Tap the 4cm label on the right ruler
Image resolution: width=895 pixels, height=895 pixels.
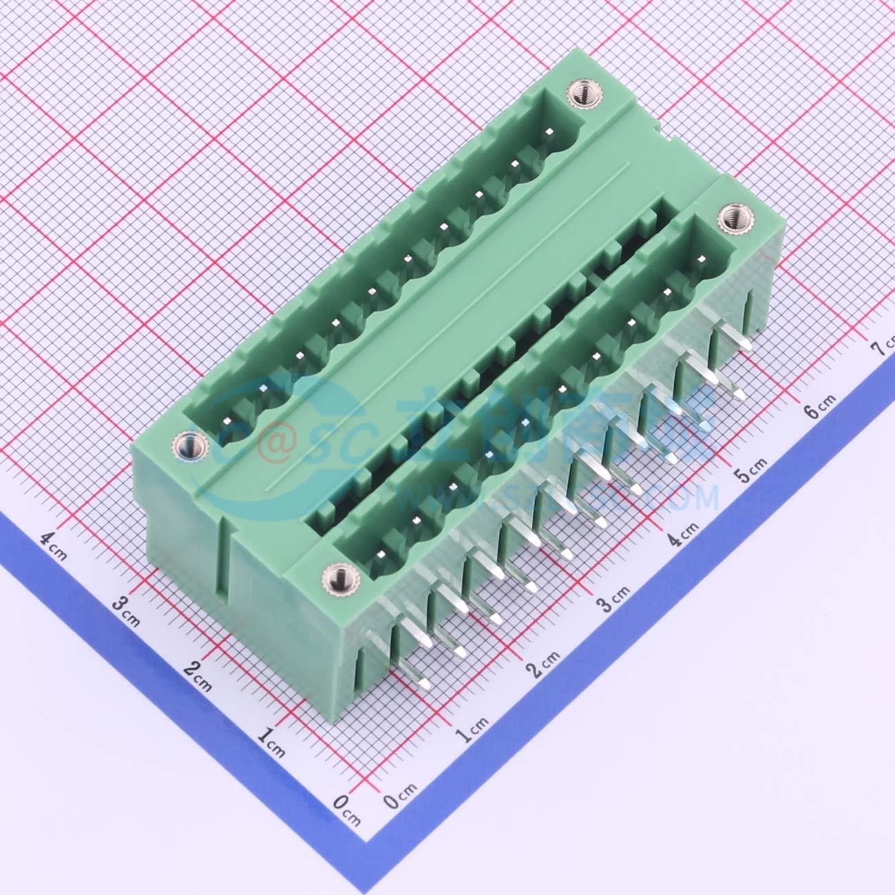click(x=684, y=531)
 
